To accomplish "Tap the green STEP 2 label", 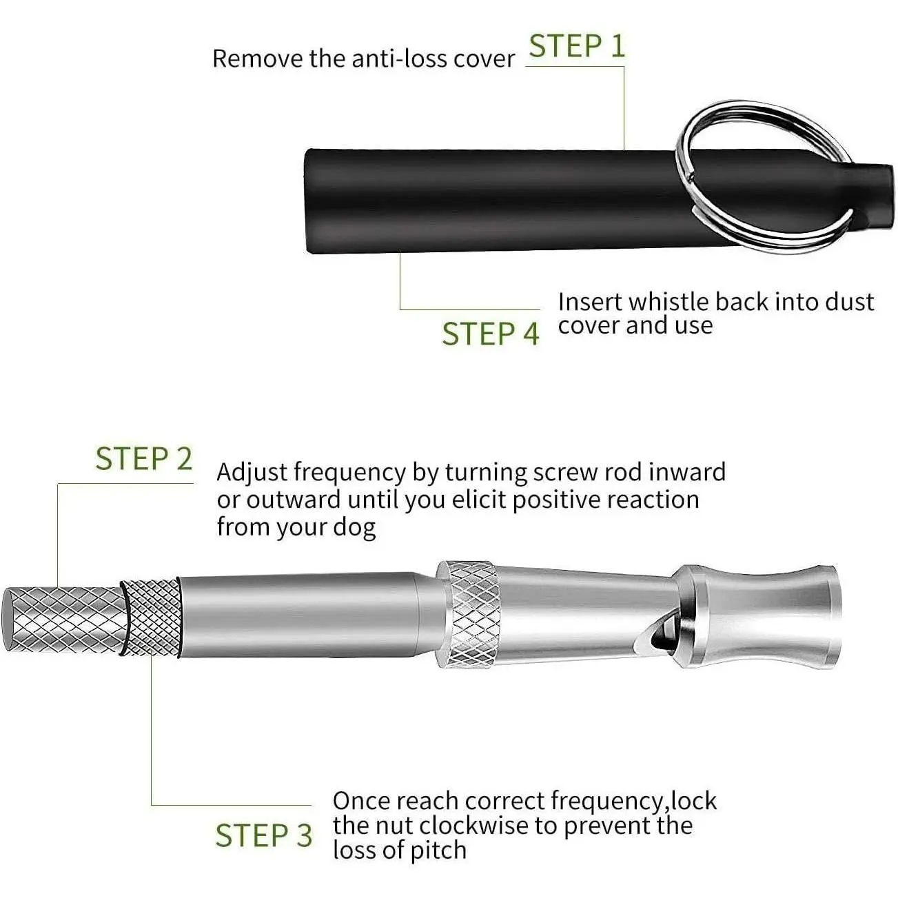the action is [x=143, y=458].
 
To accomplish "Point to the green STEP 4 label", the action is [x=490, y=333].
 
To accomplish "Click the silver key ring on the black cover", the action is [x=765, y=177].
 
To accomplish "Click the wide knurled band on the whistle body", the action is [x=469, y=614].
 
